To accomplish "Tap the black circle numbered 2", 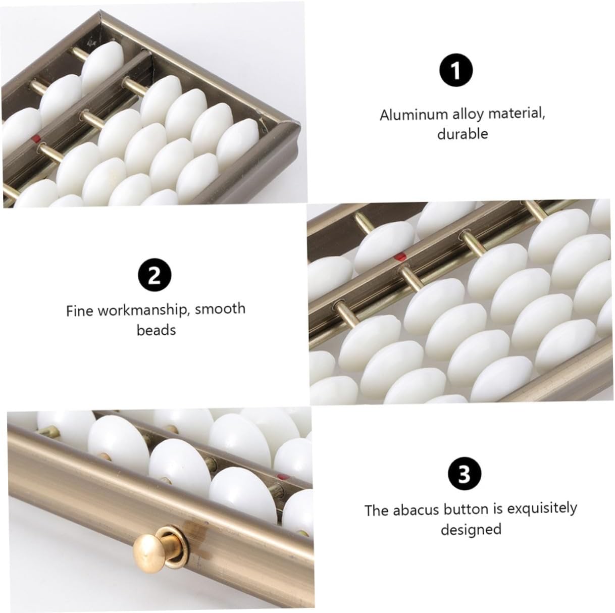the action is point(155,275).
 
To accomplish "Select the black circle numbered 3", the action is point(465,474).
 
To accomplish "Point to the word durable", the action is point(463,134).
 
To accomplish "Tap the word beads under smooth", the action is point(156,330).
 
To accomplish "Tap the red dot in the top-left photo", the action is point(37,138).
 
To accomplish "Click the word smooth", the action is point(220,309).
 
